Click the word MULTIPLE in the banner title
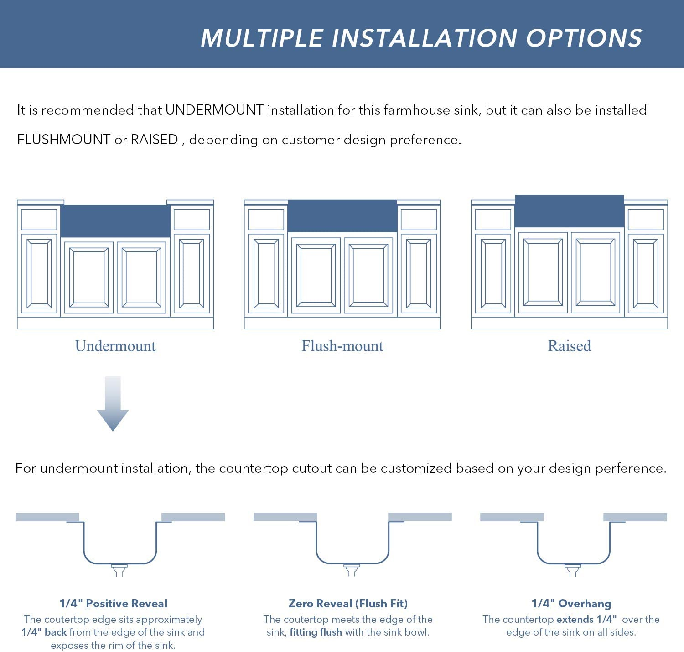coord(262,38)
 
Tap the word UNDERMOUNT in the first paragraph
coord(214,110)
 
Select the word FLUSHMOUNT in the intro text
coord(64,140)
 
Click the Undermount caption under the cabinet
coord(115,346)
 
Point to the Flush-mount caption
coord(342,346)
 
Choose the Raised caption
coord(569,346)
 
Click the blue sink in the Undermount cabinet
coord(115,221)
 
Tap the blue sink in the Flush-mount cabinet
coord(342,216)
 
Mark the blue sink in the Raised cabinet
coord(569,211)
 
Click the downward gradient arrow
coord(113,404)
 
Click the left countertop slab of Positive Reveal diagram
coord(47,517)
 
